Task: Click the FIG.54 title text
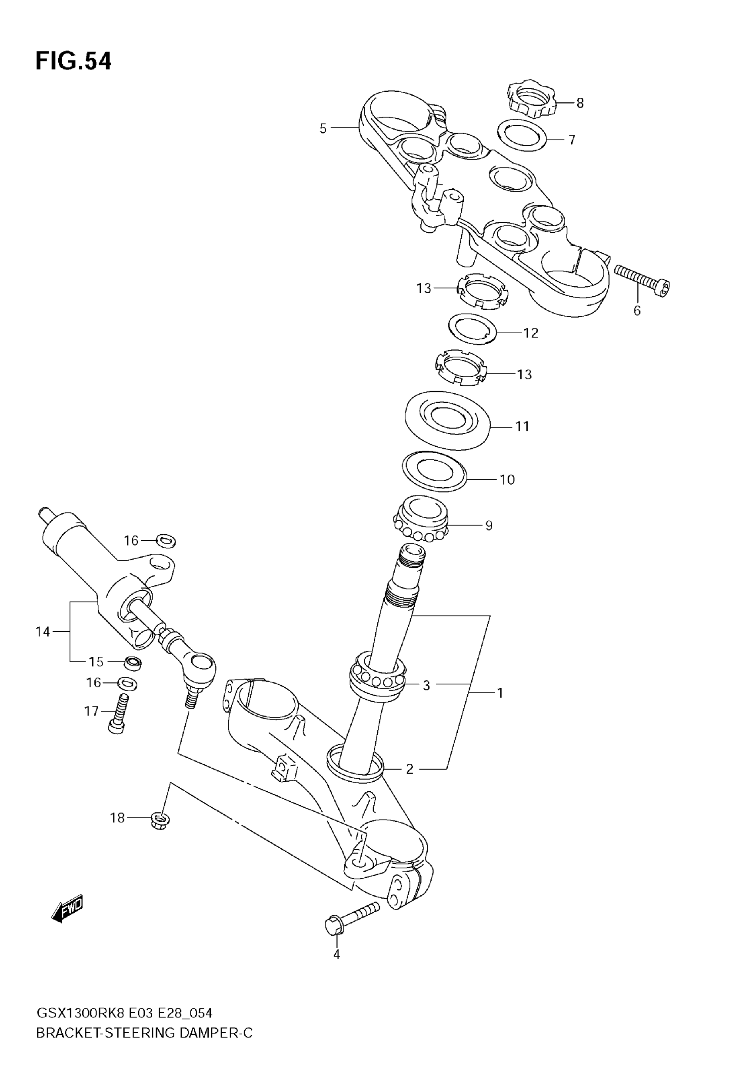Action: tap(73, 61)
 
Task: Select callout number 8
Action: tap(580, 103)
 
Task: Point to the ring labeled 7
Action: tap(522, 135)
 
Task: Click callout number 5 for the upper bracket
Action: tap(323, 128)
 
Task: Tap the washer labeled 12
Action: tap(472, 329)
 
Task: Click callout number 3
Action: tap(426, 685)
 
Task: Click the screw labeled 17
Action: tap(119, 715)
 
